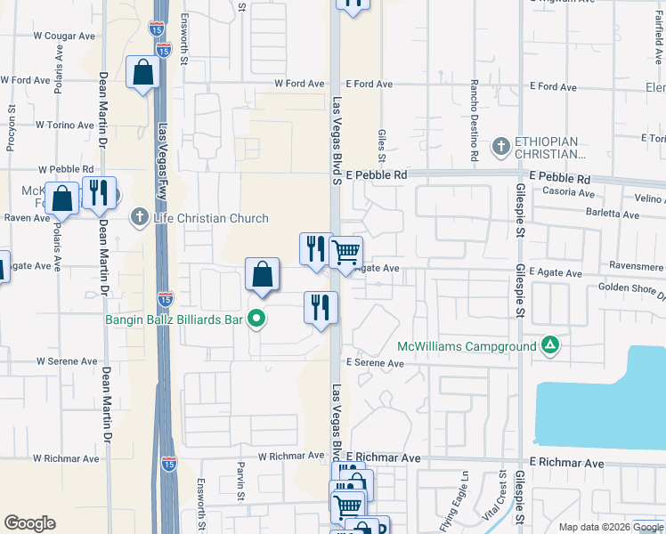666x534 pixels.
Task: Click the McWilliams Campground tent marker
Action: [x=551, y=345]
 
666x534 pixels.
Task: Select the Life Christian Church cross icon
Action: [x=139, y=216]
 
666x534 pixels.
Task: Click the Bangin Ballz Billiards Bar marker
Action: [x=256, y=317]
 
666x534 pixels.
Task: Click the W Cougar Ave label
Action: [x=64, y=36]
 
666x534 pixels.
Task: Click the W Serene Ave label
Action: [x=66, y=362]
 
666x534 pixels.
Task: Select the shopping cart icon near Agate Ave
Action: [x=345, y=253]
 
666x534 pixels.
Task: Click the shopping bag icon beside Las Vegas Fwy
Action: [x=143, y=72]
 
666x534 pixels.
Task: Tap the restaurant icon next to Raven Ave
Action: [x=98, y=192]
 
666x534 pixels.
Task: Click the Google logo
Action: [x=29, y=523]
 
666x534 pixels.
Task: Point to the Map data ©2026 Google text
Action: [x=610, y=527]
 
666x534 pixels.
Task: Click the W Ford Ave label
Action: [x=299, y=84]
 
